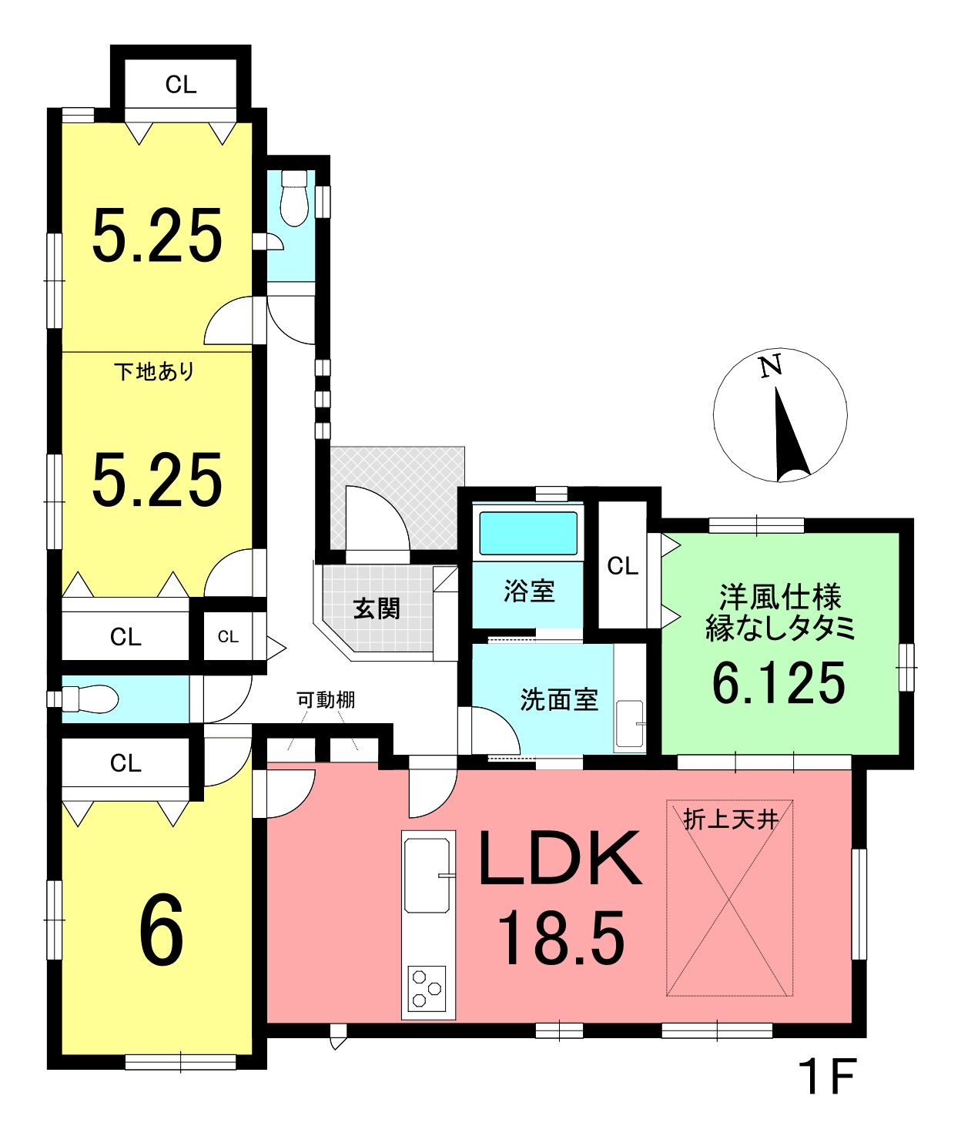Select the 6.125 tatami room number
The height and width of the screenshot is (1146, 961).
coord(779,683)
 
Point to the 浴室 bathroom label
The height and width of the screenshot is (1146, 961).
coord(529,591)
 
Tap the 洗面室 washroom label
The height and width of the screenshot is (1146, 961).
coord(559,700)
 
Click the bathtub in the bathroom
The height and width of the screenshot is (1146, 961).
coord(528,534)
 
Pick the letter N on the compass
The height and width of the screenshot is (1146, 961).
coord(771,366)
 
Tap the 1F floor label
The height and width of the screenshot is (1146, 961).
coord(826,1076)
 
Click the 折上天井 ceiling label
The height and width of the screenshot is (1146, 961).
coord(731,820)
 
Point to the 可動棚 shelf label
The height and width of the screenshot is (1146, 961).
coord(326,700)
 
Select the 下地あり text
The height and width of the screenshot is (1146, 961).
coord(154,371)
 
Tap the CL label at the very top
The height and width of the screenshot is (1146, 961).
coord(180,85)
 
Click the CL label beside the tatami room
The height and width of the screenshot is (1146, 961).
coord(622,566)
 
